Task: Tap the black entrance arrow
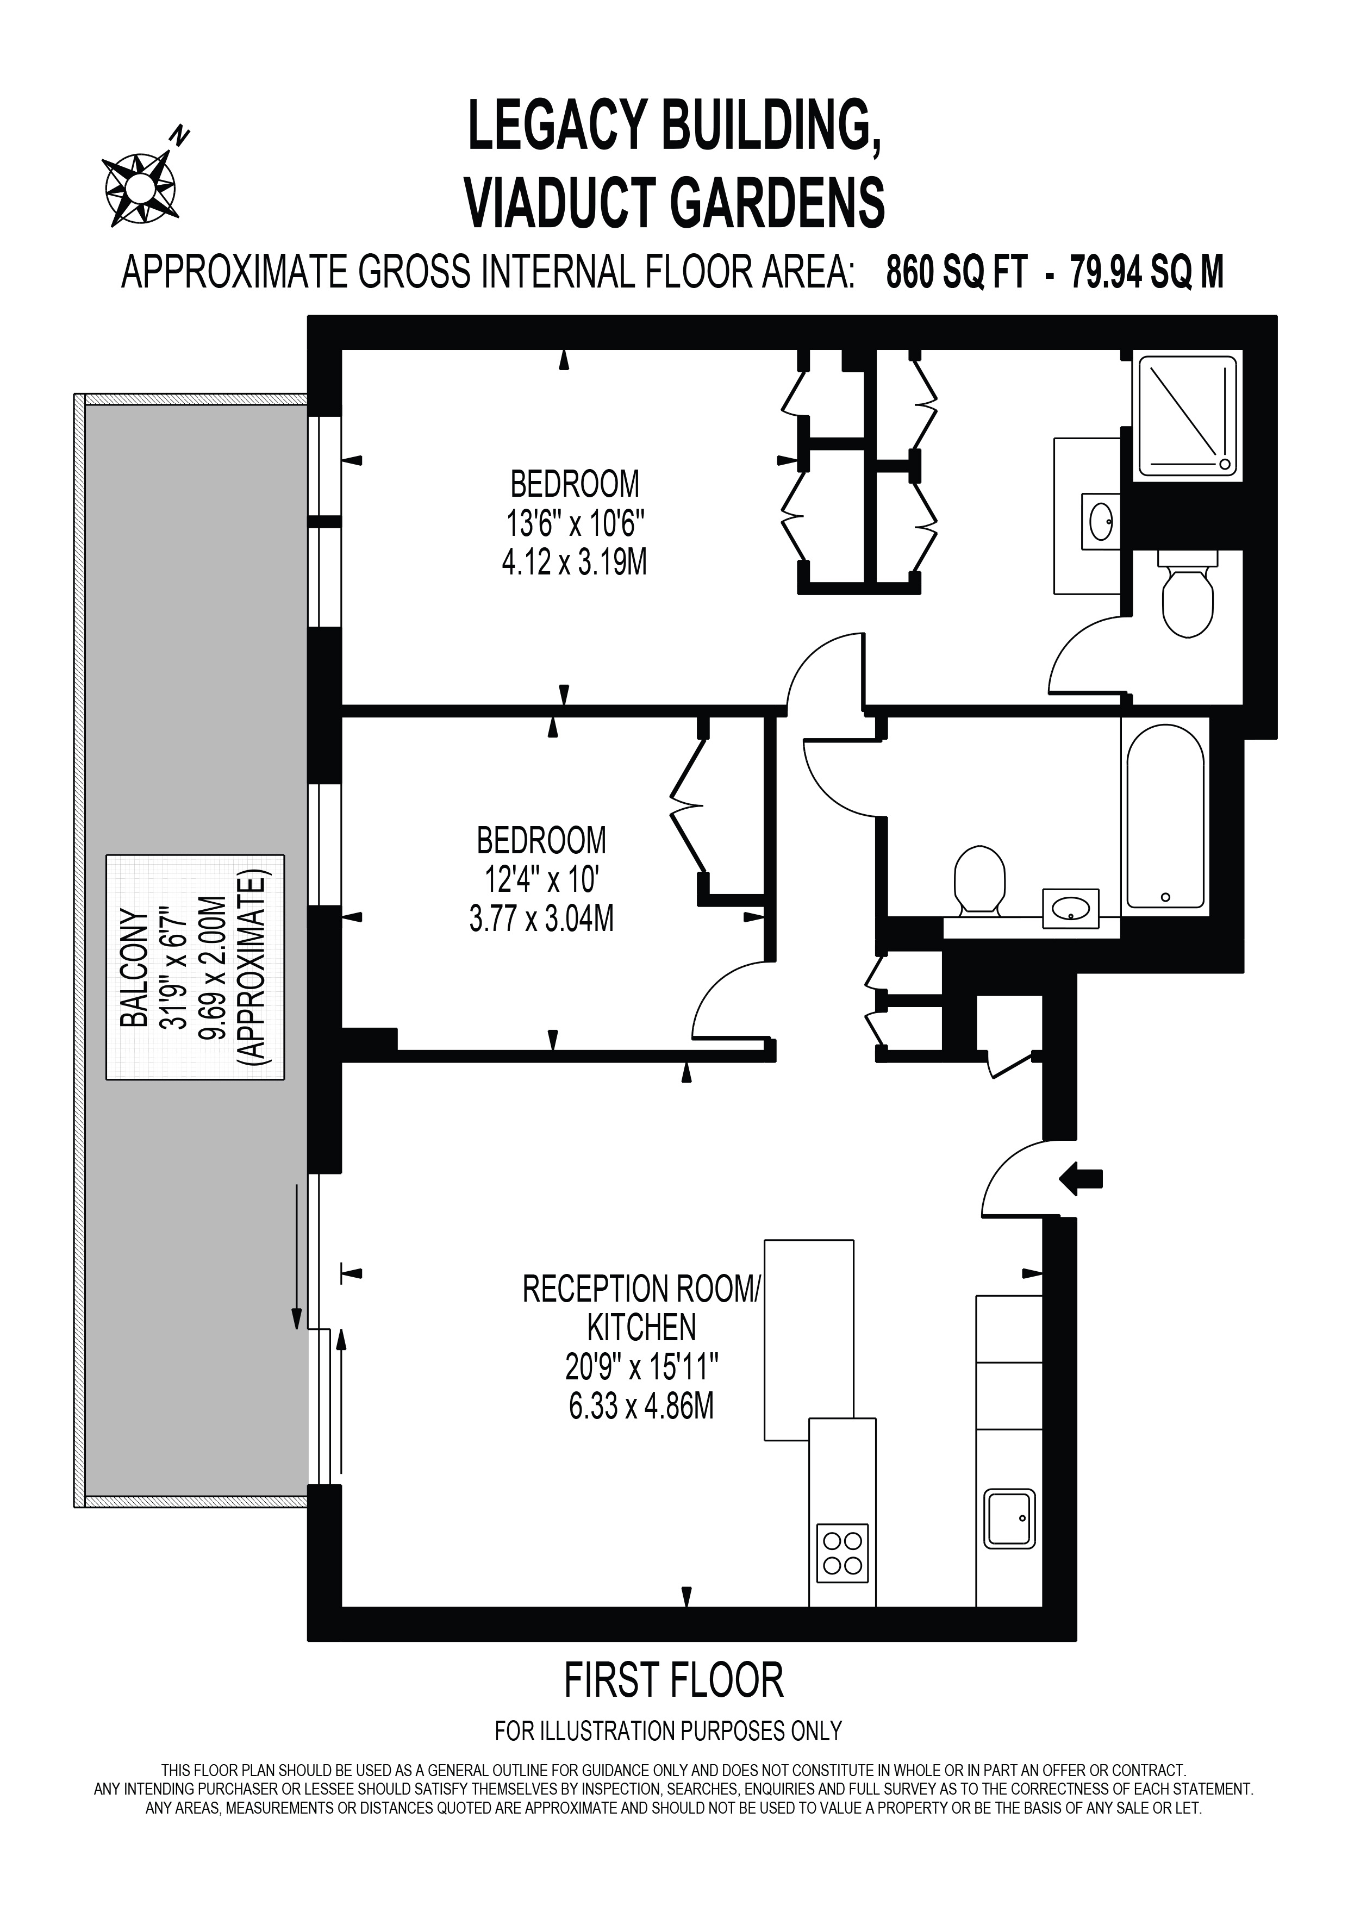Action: pos(1082,1177)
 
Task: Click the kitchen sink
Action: pos(1009,1518)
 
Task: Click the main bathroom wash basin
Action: pos(1071,908)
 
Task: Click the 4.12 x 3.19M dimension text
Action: pos(575,564)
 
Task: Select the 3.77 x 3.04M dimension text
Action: pos(541,920)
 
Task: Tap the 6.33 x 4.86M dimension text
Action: pos(641,1407)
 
